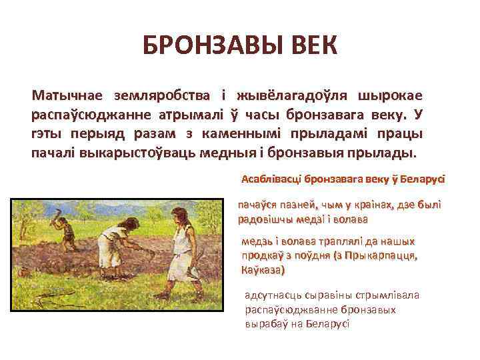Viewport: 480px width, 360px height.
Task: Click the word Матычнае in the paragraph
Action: point(69,97)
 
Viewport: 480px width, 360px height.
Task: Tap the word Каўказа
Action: point(261,271)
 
